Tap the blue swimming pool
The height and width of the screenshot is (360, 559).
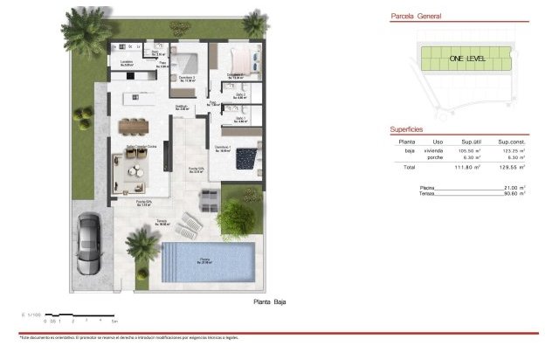209,260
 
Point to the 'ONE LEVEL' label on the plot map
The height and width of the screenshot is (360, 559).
467,58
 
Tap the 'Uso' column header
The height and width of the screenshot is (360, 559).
438,141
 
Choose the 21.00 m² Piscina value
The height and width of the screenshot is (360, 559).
514,187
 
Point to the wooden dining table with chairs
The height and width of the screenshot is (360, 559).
135,125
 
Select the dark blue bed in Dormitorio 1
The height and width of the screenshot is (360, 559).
247,158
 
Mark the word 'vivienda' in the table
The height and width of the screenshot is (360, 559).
434,150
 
